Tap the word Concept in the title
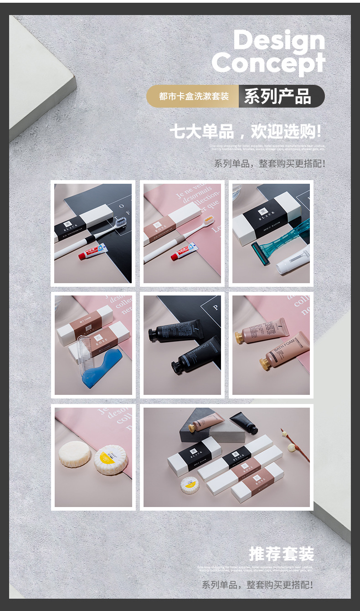pos(268,63)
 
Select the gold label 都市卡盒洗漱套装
pos(193,96)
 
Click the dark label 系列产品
pos(278,96)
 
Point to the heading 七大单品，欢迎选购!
pos(245,131)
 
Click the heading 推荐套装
pos(281,554)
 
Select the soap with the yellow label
pos(110,459)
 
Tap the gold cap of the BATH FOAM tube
pos(265,364)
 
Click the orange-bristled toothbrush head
pos(208,221)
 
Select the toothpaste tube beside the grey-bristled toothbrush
pos(93,252)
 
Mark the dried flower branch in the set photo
pos(295,445)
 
